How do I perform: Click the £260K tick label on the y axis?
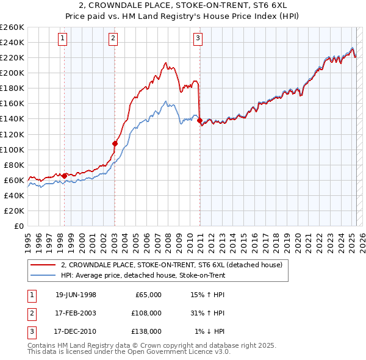click(12, 27)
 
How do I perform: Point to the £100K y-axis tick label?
click(12, 149)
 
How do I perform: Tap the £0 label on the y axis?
click(19, 226)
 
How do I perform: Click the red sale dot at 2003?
click(115, 143)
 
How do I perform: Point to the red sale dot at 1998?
click(65, 176)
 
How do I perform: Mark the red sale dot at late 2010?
click(199, 120)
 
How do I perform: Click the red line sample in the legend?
click(43, 265)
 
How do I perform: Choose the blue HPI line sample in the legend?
click(43, 275)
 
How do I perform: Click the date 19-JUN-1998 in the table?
click(76, 295)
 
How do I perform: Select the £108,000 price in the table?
click(146, 313)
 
